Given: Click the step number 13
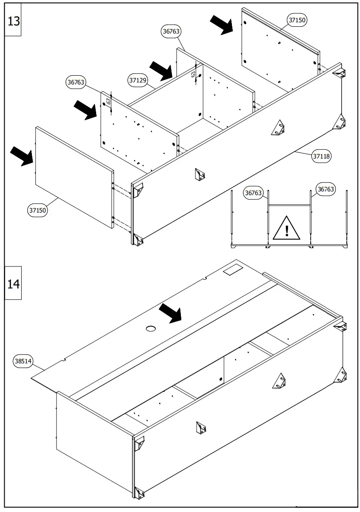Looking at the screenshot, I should (x=14, y=21).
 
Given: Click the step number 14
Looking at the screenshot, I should (x=14, y=283).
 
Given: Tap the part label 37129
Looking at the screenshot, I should (x=137, y=80).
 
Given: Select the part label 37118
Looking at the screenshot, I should (x=321, y=156).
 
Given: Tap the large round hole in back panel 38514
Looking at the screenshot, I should (x=151, y=328).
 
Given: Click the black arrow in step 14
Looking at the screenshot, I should (x=170, y=313).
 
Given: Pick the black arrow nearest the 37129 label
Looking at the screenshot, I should (x=162, y=69).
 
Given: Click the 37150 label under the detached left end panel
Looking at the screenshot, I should (x=37, y=210).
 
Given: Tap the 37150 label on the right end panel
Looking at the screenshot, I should (x=297, y=20).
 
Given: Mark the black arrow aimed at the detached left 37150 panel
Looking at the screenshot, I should (x=21, y=156).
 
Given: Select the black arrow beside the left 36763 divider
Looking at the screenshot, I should (x=86, y=110).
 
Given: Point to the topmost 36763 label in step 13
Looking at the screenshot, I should (x=171, y=31).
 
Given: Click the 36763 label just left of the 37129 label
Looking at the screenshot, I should (x=76, y=83).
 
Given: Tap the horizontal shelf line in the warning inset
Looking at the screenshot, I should (x=289, y=205).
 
